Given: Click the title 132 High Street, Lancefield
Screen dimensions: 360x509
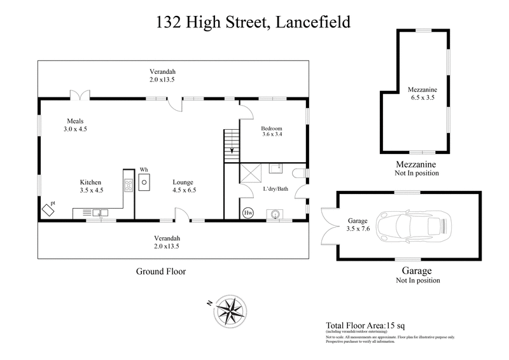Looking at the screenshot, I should coord(254,23).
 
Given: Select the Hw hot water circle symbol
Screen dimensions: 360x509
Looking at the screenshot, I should coord(248,213).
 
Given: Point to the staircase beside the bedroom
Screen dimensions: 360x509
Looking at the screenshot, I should coord(230,144).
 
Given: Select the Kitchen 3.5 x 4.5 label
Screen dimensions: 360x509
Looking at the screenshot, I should coord(91,186).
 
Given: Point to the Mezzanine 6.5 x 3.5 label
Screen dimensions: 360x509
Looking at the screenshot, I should coord(422,94).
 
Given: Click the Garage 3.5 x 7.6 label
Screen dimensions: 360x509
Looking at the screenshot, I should coord(357,224).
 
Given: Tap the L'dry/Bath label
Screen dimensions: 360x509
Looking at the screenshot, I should coord(274,190).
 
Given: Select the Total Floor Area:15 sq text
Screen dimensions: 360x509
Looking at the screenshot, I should coord(365,324).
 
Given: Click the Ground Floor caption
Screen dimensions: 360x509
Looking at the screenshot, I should coord(161,271).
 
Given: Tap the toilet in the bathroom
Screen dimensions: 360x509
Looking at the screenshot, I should coord(299,172).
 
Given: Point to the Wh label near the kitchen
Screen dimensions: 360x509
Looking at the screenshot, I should coord(144,169).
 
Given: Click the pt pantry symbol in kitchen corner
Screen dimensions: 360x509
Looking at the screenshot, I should coord(48,209).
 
